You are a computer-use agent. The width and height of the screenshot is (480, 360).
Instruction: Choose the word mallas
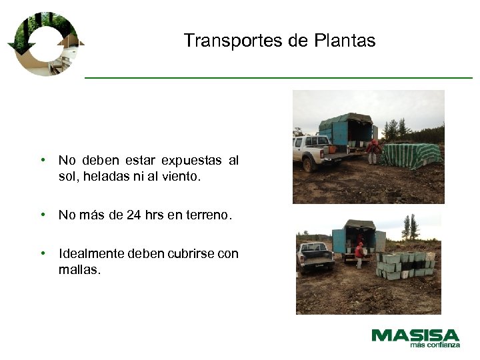coord(78,270)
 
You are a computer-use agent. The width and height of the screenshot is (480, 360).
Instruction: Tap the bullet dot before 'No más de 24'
coord(43,215)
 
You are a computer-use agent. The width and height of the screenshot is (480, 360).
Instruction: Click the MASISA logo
coord(415,335)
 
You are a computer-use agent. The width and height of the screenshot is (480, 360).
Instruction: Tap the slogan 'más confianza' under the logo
coord(435,345)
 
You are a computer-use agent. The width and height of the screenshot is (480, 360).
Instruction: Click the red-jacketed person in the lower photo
coord(360,254)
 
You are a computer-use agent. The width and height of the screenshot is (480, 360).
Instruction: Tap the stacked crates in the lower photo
coord(404,265)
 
